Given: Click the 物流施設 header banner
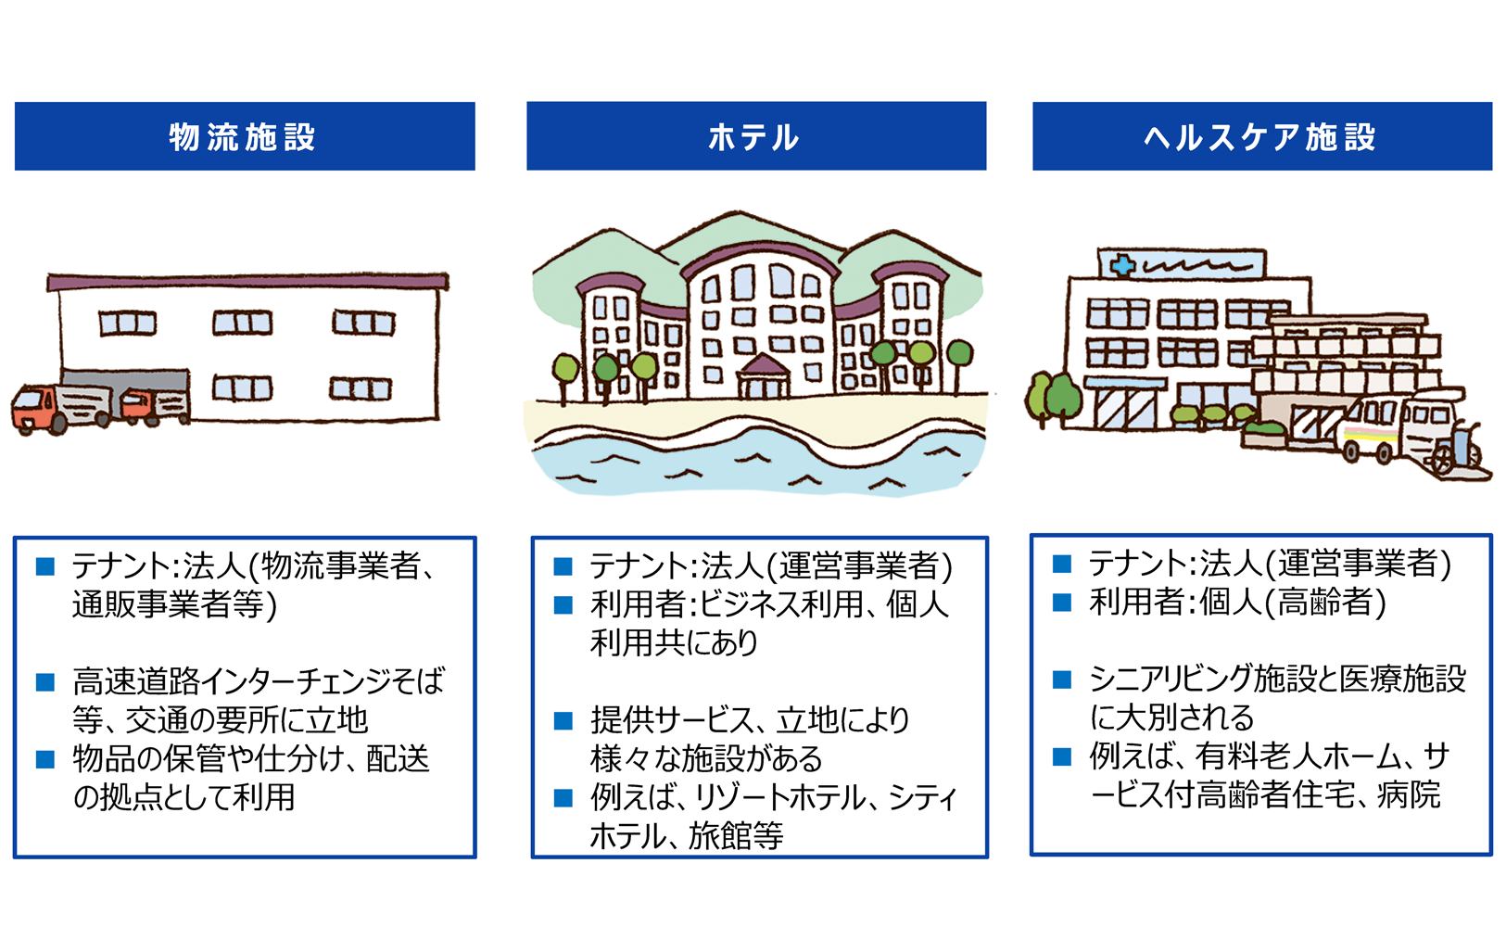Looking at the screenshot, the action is (245, 136).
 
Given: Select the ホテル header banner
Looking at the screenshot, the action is (756, 136).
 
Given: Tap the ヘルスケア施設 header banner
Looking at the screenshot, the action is (1262, 136).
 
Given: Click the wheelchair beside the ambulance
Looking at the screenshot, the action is (1459, 449).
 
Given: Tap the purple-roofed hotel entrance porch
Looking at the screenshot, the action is (763, 376).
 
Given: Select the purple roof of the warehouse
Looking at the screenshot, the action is (247, 282).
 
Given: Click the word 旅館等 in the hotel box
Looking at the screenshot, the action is (736, 836).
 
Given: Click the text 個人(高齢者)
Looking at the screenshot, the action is (1292, 602).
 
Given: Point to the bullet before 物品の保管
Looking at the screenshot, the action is (45, 759).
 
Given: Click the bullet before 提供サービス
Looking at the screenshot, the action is (563, 721).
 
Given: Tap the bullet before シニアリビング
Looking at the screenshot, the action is (1061, 680).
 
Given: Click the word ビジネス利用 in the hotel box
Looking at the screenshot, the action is (780, 604).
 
